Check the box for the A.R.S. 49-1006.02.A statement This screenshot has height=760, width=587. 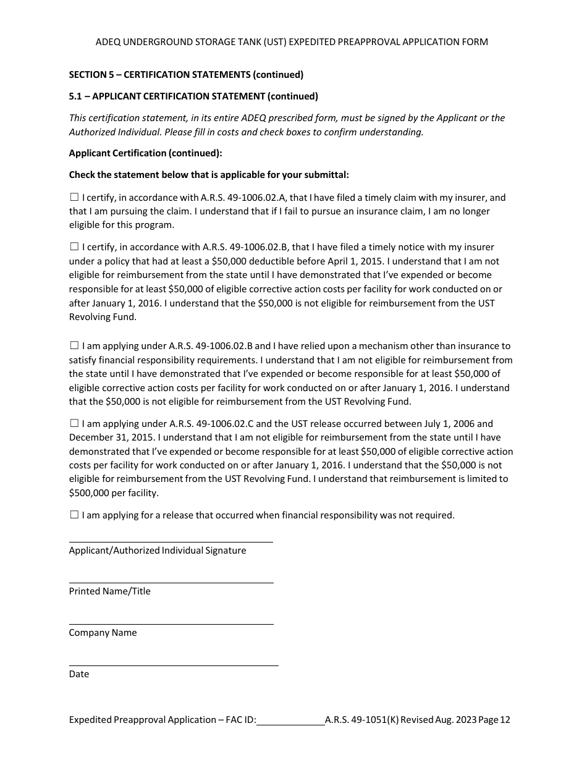pyautogui.click(x=74, y=198)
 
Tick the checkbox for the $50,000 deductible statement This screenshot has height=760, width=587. pyautogui.click(x=74, y=247)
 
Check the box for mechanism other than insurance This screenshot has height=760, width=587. pyautogui.click(x=74, y=345)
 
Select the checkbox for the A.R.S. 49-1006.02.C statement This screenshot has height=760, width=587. pyautogui.click(x=74, y=423)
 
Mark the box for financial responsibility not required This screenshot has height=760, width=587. pyautogui.click(x=74, y=515)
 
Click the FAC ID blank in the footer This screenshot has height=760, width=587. pyautogui.click(x=290, y=720)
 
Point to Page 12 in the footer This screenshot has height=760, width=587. pyautogui.click(x=494, y=720)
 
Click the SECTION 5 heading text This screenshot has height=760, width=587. pyautogui.click(x=186, y=75)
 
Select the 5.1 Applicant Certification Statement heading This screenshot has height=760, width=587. pyautogui.click(x=193, y=96)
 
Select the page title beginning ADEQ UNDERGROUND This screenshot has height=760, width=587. pyautogui.click(x=292, y=42)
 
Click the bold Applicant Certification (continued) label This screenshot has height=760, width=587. pyautogui.click(x=145, y=153)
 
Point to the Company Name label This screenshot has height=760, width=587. pyautogui.click(x=103, y=633)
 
